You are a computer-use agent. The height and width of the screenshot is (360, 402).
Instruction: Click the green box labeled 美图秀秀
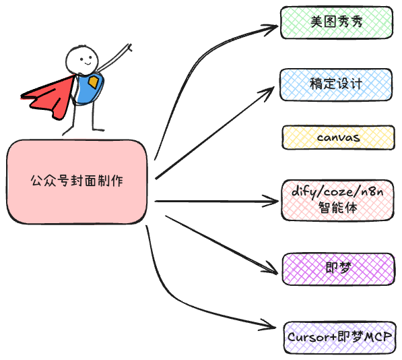point(337,22)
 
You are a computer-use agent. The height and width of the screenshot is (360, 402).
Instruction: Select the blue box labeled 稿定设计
point(336,85)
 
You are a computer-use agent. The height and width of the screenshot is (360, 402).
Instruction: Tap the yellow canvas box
point(339,138)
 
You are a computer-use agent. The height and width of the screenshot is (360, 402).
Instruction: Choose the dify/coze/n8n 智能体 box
point(337,200)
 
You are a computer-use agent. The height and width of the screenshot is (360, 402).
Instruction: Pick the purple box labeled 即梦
point(339,269)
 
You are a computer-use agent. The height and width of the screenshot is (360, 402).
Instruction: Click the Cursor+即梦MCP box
point(340,338)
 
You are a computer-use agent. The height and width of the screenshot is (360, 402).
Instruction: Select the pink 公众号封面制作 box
point(77,182)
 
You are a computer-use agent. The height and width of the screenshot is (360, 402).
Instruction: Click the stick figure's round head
point(81,60)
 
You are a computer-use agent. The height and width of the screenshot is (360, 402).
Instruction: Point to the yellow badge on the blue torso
point(94,82)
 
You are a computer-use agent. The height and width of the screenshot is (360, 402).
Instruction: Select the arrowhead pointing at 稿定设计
point(269,93)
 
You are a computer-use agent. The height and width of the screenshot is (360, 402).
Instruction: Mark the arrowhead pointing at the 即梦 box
point(271,269)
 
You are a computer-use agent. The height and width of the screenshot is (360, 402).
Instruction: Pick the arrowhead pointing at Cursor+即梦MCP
point(269,325)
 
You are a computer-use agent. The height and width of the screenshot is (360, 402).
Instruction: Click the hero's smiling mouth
point(88,63)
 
